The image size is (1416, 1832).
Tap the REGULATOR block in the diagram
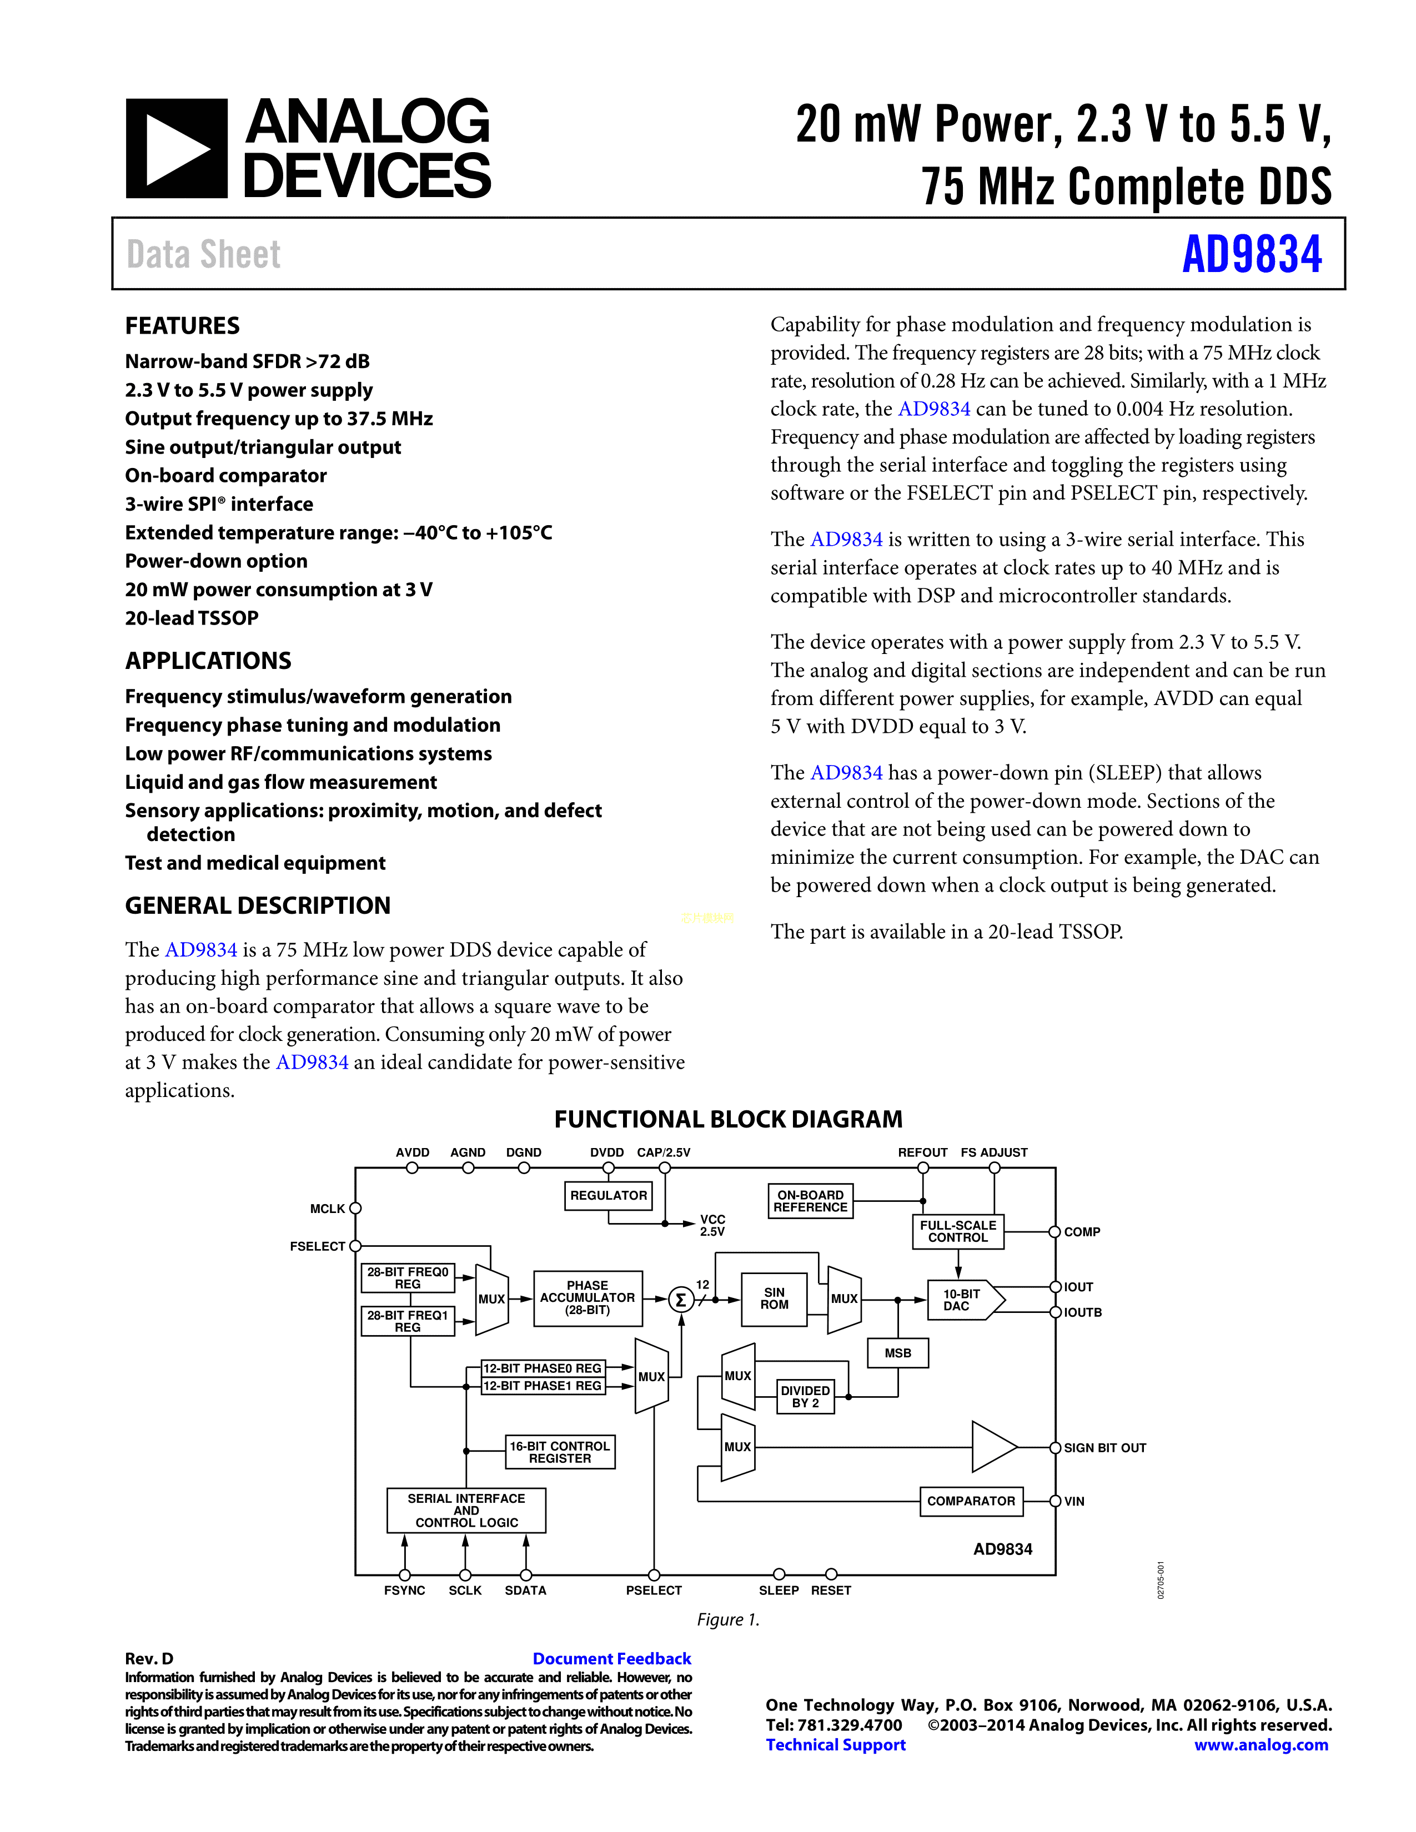tap(608, 1195)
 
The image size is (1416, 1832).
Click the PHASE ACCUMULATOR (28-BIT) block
tap(587, 1298)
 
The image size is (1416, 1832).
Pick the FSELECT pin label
tap(317, 1246)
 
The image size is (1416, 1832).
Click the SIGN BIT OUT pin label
tap(1105, 1448)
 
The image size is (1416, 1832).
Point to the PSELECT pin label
tap(654, 1591)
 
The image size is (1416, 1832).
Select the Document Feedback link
tap(611, 1658)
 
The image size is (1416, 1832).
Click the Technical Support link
tap(836, 1745)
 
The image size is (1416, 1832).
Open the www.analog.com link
tap(1261, 1745)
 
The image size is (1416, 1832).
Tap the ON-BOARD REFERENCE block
tap(810, 1201)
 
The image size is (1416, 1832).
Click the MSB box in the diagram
tap(897, 1353)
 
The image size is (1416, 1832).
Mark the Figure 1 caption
tap(728, 1620)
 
